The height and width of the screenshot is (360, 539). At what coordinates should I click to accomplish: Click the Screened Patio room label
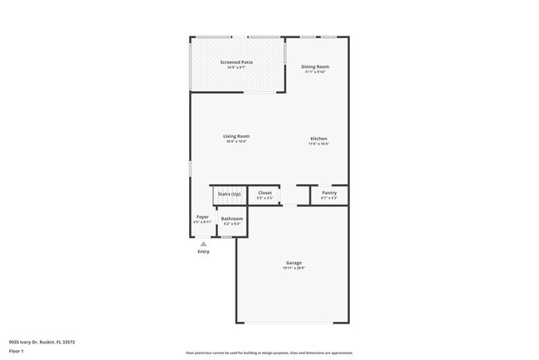(236, 62)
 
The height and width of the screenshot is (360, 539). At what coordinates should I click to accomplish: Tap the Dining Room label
(315, 66)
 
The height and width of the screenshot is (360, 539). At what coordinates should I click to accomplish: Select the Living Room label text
(236, 136)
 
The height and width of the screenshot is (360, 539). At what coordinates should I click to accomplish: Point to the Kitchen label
(318, 138)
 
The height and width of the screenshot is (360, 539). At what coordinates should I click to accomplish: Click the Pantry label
(329, 192)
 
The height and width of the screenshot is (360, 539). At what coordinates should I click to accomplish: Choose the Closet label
(265, 192)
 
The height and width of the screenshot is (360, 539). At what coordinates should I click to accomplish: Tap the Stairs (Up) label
(229, 193)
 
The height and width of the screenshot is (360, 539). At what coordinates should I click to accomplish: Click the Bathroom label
(231, 219)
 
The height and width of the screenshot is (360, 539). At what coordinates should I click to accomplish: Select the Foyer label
(202, 217)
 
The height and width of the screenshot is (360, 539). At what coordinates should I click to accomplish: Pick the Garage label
(294, 262)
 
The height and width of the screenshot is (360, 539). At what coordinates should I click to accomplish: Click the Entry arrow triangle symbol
(203, 243)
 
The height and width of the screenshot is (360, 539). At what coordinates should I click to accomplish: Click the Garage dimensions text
(294, 268)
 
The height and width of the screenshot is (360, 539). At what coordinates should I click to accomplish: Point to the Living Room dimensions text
(236, 142)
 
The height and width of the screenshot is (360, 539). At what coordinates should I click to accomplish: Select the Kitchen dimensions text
(318, 144)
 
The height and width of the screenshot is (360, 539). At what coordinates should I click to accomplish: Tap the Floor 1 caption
(17, 351)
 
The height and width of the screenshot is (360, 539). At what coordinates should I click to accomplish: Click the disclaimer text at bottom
(269, 352)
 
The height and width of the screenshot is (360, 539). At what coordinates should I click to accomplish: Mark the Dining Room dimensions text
(315, 72)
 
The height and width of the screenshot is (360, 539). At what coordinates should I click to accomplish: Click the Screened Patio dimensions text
(236, 68)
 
